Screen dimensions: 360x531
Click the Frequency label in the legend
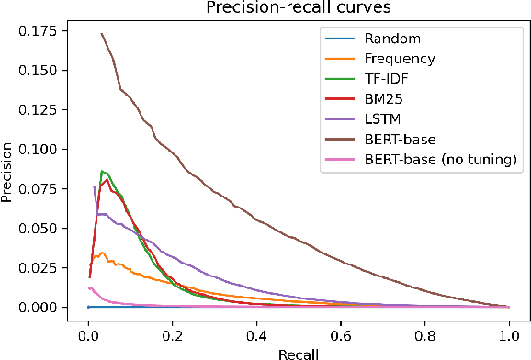pyautogui.click(x=400, y=58)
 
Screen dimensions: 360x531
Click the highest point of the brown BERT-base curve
pyautogui.click(x=101, y=34)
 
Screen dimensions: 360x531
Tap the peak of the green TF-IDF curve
pyautogui.click(x=102, y=171)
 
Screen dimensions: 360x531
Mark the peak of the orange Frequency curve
pyautogui.click(x=103, y=252)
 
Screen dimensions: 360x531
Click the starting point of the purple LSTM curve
pyautogui.click(x=94, y=186)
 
